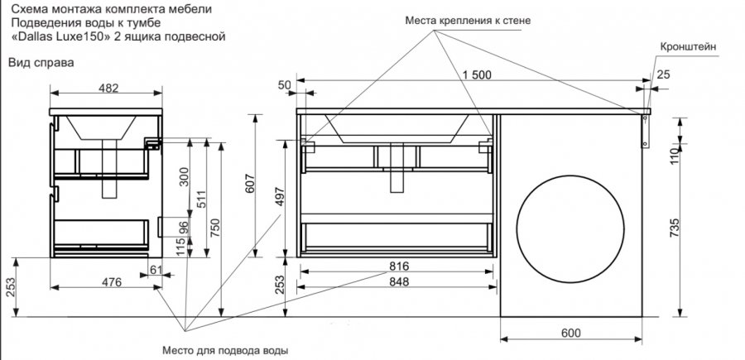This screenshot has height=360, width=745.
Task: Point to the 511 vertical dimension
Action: pyautogui.click(x=199, y=199)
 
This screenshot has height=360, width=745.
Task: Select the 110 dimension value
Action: pyautogui.click(x=675, y=155)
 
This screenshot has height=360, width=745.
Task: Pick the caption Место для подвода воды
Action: pyautogui.click(x=224, y=350)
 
